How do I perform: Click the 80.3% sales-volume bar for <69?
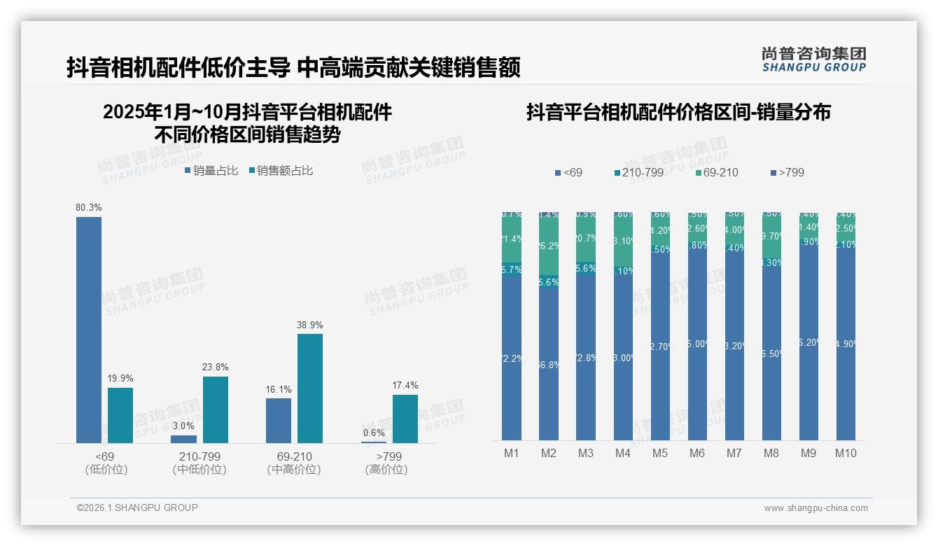click(89, 329)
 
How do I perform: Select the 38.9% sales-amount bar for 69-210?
click(310, 388)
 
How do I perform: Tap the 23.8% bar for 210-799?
click(216, 409)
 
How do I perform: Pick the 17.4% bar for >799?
click(405, 419)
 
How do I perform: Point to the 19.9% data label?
click(120, 379)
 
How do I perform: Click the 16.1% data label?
click(279, 389)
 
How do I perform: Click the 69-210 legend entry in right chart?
click(717, 172)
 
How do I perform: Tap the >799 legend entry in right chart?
click(787, 172)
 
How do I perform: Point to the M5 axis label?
click(660, 453)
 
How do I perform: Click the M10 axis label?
click(846, 453)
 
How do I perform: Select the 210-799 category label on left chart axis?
click(199, 456)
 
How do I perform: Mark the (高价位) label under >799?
click(386, 470)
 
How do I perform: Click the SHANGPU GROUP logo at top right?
click(814, 59)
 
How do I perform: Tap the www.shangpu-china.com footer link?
click(815, 508)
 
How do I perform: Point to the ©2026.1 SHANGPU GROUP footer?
click(137, 507)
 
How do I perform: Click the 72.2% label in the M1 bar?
click(512, 358)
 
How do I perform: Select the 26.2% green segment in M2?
click(549, 246)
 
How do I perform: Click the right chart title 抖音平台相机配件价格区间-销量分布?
click(678, 112)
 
